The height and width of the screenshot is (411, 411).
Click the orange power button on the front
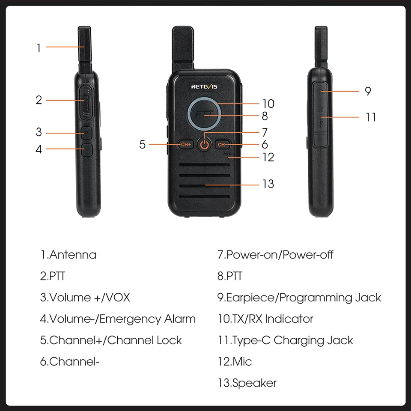coord(205,144)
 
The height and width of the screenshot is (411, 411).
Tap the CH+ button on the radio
coord(186,144)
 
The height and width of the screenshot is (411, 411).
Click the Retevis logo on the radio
coord(204,86)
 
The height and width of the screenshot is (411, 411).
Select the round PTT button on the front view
coord(204,114)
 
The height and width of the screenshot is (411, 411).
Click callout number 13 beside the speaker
coord(268,184)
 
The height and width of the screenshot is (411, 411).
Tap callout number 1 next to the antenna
coord(39,48)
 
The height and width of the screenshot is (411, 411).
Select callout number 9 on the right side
coord(368,91)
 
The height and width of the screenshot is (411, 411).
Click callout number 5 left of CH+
coord(142,144)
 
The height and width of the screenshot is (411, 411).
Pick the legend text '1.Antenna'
coord(68,255)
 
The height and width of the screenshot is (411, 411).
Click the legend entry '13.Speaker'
coord(247,383)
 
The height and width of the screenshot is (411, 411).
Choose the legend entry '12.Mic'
coord(235,362)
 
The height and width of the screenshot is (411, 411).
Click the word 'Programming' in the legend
coord(316,298)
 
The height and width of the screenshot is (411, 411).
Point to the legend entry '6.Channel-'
coord(70,362)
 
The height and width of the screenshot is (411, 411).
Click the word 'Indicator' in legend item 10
coord(289,319)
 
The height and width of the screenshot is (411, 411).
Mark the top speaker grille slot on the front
coord(205,165)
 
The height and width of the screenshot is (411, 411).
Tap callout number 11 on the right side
coord(371,117)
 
